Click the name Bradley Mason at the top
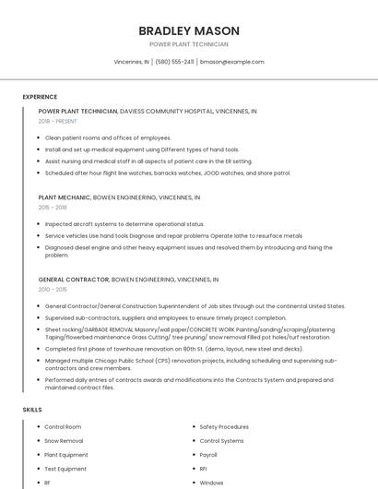(188, 30)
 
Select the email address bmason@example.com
(231, 62)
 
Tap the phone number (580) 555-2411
(174, 62)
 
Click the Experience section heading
(40, 97)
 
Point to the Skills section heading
(32, 409)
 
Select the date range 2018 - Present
(57, 121)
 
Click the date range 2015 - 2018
(53, 208)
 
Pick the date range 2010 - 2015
(53, 289)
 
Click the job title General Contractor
(73, 279)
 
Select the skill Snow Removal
(64, 441)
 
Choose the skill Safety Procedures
(224, 427)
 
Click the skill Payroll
(208, 455)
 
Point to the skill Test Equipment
(65, 469)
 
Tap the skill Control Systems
(221, 441)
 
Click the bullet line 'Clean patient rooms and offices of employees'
(108, 137)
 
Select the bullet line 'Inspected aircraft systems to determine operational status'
(124, 224)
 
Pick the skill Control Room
(63, 427)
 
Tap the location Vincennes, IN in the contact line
(131, 62)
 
